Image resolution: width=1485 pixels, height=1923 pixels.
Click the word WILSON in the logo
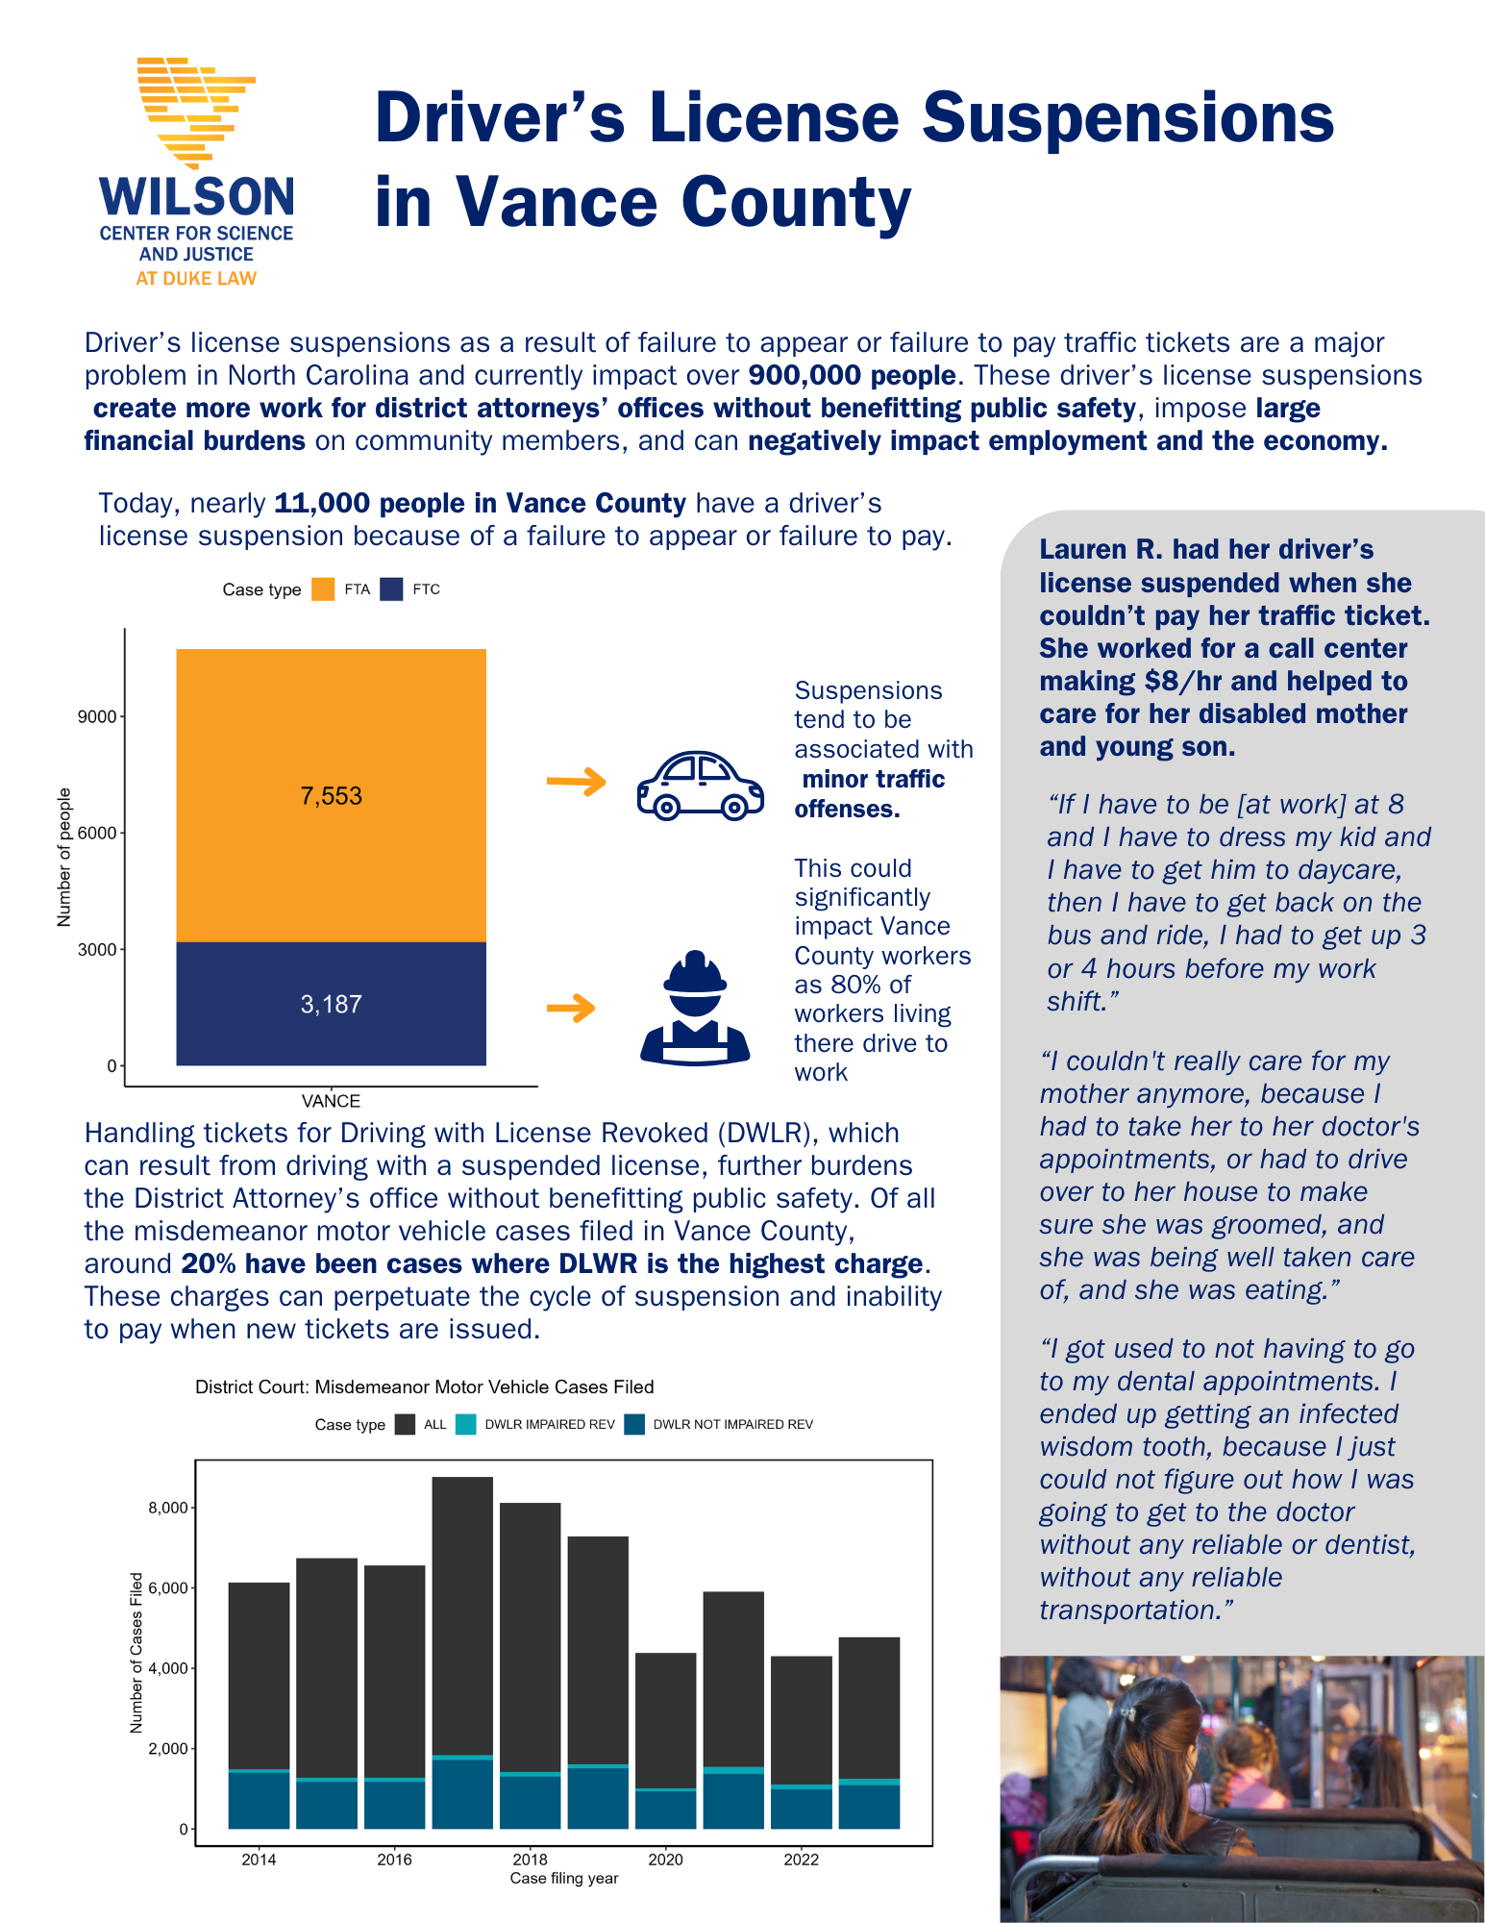click(x=196, y=196)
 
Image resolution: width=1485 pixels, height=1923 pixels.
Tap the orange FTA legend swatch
click(x=323, y=589)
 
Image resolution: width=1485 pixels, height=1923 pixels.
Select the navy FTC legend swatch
click(x=391, y=589)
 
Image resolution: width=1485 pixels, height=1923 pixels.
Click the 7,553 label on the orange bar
click(x=331, y=796)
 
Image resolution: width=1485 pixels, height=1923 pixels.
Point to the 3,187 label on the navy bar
click(x=331, y=1005)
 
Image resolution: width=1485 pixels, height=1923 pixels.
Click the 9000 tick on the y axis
click(x=96, y=717)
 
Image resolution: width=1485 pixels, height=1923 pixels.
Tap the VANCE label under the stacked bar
click(x=331, y=1101)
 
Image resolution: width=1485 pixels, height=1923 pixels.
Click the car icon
click(x=700, y=786)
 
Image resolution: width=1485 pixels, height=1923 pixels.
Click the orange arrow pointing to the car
click(x=576, y=782)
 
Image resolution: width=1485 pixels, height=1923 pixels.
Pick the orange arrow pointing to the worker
click(x=571, y=1008)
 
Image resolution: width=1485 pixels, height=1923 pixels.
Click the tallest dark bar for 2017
click(x=462, y=1615)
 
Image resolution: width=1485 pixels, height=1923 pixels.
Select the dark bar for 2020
click(x=665, y=1721)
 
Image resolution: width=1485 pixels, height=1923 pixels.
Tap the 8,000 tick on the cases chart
click(x=167, y=1508)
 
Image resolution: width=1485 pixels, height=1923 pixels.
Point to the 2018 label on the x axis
click(x=530, y=1860)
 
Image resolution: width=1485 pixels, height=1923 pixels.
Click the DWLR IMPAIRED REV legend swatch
click(x=465, y=1424)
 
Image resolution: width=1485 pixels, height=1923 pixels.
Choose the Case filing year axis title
click(x=563, y=1878)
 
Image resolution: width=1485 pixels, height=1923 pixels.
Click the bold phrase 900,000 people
click(x=852, y=375)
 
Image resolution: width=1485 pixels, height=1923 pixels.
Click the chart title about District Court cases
click(x=424, y=1386)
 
